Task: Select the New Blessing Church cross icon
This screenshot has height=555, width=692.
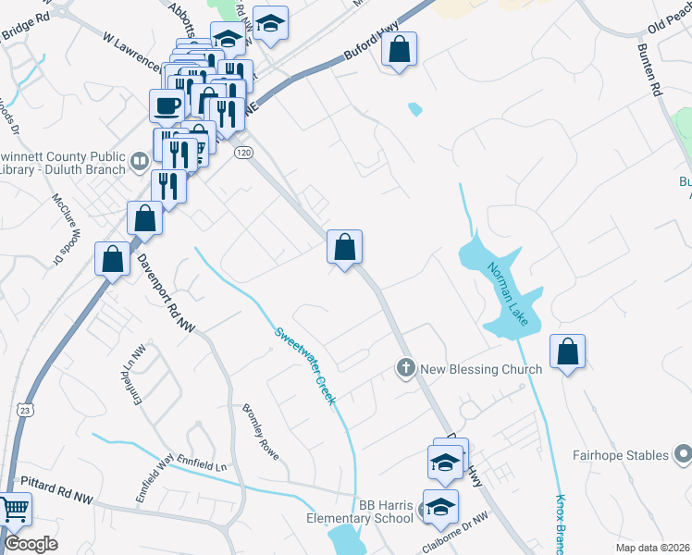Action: point(404,369)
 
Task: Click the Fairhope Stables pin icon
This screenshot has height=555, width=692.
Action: point(683,454)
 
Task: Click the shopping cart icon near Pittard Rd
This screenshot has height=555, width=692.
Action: point(14,510)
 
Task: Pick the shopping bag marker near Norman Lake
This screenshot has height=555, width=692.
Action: point(567,352)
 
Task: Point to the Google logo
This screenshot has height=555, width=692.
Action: point(31,544)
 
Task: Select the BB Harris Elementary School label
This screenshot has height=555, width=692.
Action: point(360,512)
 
